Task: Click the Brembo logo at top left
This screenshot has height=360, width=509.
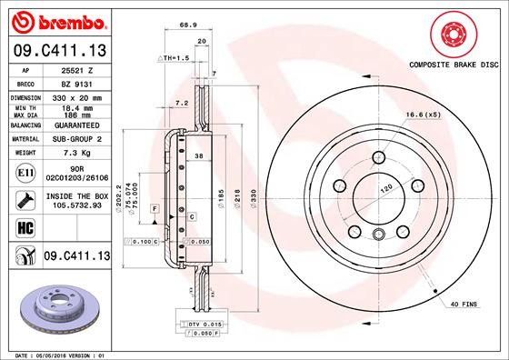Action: [55, 19]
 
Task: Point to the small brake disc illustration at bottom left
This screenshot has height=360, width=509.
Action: [55, 309]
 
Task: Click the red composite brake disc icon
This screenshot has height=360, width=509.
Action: [451, 35]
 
